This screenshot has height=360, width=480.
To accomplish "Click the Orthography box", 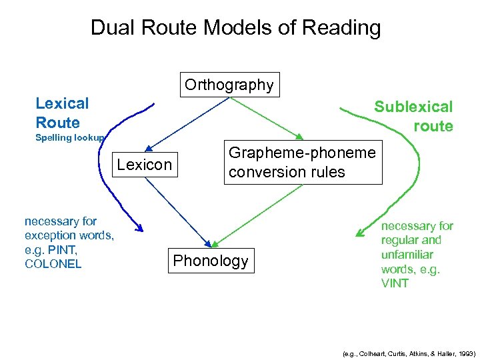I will tap(229, 85).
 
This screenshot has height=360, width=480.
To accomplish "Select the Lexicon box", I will tap(145, 165).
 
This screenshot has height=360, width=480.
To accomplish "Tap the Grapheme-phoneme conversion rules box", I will tap(302, 162).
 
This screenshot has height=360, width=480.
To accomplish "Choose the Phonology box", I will tap(211, 261).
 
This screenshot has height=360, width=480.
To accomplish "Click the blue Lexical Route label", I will tap(62, 113).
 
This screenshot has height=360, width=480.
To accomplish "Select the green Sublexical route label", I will tap(413, 116).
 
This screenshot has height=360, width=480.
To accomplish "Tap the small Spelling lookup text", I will tap(69, 138).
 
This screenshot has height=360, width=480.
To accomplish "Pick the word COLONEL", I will tap(53, 264).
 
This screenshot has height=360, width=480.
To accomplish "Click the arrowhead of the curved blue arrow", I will tap(139, 229).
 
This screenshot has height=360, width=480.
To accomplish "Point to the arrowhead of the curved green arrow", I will tap(361, 233).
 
